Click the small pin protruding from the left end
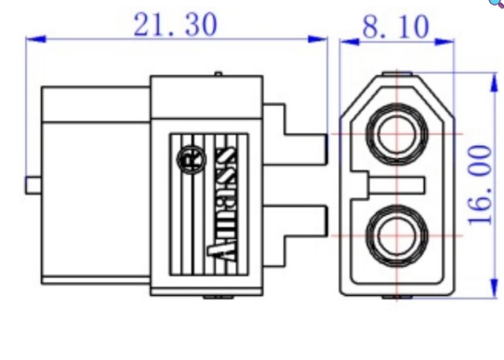pos(32,183)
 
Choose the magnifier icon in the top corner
pos(497,4)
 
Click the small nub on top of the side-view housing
pos(217,74)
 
